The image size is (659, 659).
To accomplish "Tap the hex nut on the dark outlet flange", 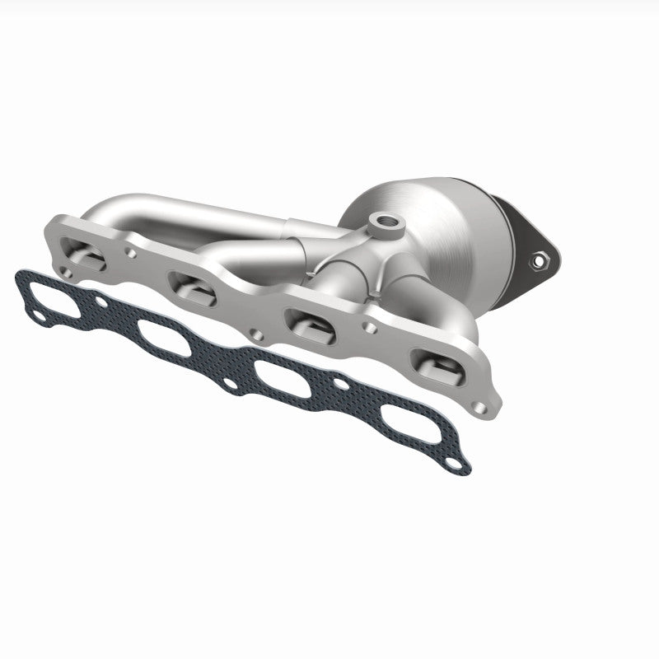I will (541, 262).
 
